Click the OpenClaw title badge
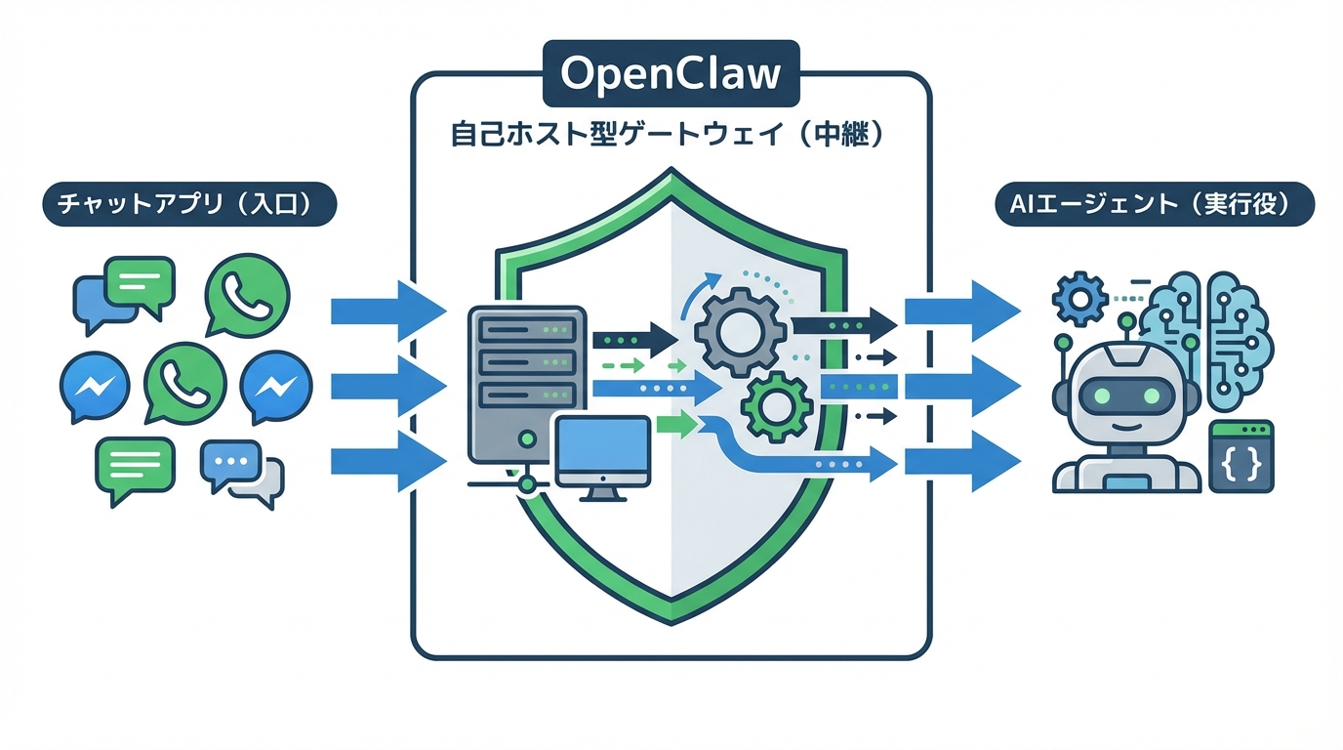(x=671, y=73)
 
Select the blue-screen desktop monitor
(x=602, y=452)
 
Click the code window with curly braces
(x=1241, y=456)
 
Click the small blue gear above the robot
(x=1078, y=299)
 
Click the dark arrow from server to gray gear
(x=634, y=339)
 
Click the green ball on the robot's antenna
(x=1127, y=320)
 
